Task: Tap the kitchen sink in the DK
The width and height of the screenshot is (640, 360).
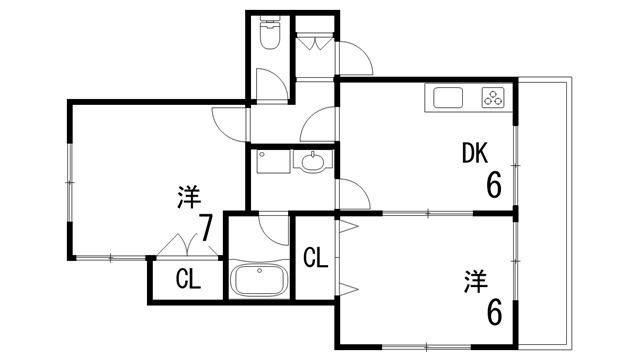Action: point(446,98)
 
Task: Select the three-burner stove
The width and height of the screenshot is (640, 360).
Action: point(494,97)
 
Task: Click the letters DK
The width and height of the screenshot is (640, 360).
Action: point(474,153)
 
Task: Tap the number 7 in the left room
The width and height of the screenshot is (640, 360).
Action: point(206,229)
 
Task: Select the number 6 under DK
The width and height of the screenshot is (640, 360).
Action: point(493,185)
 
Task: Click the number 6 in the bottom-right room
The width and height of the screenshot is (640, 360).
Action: point(494,312)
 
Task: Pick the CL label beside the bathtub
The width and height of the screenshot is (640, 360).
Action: point(315,258)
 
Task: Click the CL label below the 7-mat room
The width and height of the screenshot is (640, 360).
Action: point(187,279)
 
